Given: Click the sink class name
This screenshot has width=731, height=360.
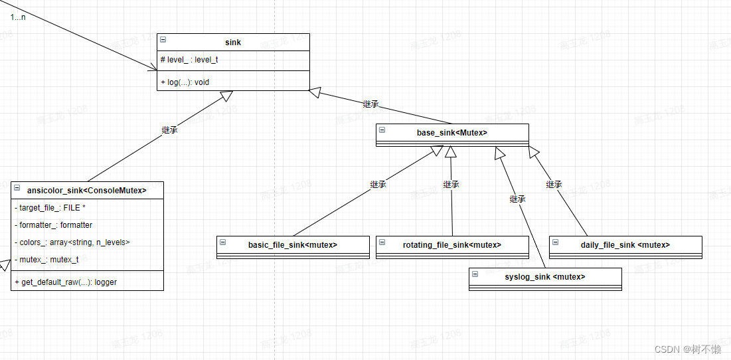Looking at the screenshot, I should click(x=233, y=43).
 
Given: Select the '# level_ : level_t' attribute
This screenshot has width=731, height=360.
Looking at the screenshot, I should click(x=189, y=60).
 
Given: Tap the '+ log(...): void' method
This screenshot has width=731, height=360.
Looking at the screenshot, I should click(x=185, y=82).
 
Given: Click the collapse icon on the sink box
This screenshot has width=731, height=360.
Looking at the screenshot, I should click(x=163, y=40).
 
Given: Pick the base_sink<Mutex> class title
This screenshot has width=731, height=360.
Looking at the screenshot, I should click(x=451, y=133).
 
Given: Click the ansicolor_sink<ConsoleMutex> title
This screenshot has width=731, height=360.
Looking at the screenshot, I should click(x=86, y=190).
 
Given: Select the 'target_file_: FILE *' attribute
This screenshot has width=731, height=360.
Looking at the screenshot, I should click(x=50, y=208).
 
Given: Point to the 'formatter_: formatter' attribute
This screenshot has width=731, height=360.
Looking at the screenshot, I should click(x=53, y=225).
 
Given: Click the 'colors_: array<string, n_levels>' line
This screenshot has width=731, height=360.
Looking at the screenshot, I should click(x=72, y=242).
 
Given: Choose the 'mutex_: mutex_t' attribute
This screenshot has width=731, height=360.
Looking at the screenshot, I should click(x=46, y=260).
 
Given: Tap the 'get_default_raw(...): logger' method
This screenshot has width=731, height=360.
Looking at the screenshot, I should click(x=65, y=282).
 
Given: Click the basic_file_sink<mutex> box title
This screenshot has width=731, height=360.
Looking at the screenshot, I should click(x=292, y=245).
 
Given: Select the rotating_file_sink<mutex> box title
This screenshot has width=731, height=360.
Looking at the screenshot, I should click(x=451, y=245).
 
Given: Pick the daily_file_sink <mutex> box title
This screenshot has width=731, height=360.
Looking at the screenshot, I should click(x=625, y=245).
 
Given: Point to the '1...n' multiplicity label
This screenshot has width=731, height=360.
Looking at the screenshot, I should click(x=18, y=17).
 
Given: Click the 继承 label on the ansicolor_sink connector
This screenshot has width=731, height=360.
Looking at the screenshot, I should click(x=169, y=130).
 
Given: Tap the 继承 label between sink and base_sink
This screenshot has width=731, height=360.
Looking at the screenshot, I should click(x=370, y=104).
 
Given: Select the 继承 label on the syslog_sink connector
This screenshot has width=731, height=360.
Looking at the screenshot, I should click(x=517, y=199).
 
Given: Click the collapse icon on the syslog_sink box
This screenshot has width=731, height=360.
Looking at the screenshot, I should click(x=475, y=274).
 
